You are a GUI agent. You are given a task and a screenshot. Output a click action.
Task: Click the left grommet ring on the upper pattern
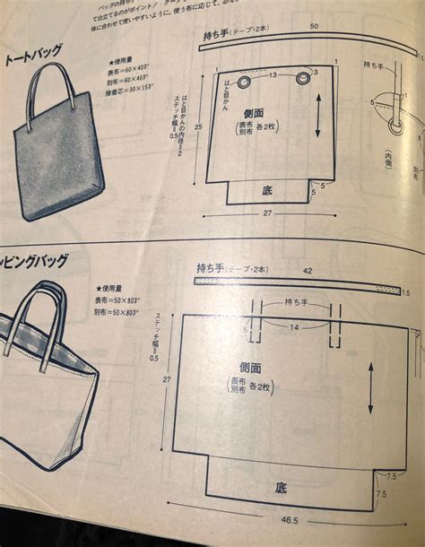(243, 82)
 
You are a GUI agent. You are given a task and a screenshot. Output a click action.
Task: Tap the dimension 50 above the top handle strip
(314, 28)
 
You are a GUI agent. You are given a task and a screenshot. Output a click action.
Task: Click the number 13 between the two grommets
(273, 74)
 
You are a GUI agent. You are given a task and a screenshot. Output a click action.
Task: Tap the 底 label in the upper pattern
(268, 189)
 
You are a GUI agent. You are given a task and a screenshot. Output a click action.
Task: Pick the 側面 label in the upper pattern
(254, 113)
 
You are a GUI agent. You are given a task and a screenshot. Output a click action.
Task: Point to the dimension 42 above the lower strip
(308, 269)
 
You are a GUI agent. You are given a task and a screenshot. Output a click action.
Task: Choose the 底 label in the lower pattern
(282, 488)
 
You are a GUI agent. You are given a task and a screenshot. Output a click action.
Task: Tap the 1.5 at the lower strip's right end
(405, 292)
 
